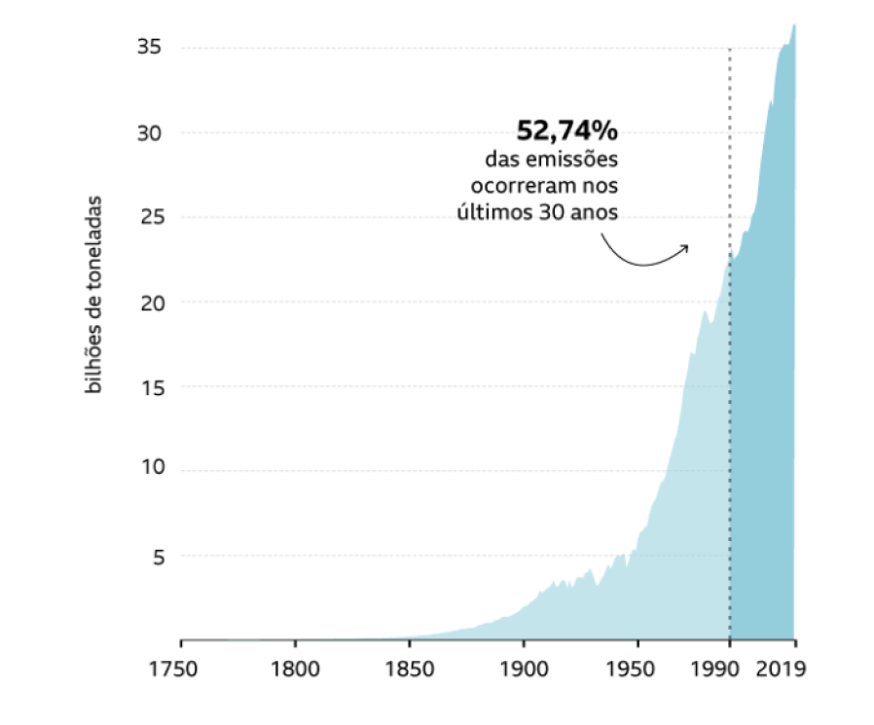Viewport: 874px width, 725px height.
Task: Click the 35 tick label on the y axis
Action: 149,47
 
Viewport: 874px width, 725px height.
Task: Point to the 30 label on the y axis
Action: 149,132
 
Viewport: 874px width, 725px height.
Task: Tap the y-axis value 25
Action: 149,217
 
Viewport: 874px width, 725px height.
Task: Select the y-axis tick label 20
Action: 149,303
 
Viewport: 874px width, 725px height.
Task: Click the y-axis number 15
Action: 149,387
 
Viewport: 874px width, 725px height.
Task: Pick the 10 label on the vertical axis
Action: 149,470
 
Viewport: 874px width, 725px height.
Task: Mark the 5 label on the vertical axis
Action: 155,557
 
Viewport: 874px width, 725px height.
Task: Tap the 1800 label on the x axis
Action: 296,671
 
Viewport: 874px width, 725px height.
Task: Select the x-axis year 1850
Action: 410,671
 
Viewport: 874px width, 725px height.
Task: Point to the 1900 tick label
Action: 524,671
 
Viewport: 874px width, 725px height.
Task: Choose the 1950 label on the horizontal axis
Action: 637,671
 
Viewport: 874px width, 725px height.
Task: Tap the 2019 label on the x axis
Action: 786,671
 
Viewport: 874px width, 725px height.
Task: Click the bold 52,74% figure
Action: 566,131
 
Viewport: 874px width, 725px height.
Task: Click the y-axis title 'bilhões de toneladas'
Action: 95,297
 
